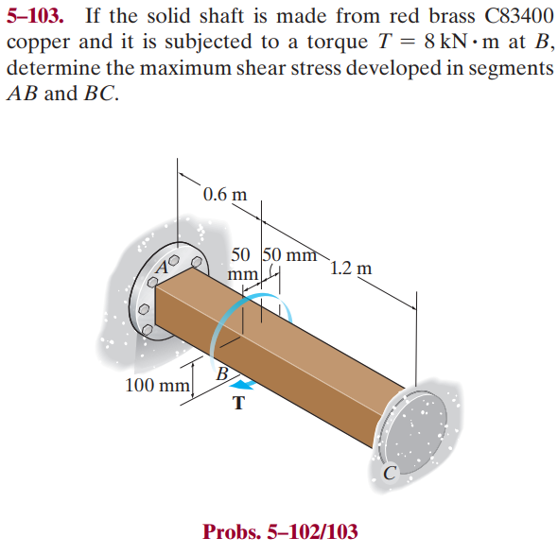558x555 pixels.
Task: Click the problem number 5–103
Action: click(38, 17)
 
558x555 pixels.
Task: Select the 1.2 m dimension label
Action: click(352, 268)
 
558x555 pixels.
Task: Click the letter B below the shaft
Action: click(222, 373)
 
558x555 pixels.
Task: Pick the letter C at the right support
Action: click(389, 473)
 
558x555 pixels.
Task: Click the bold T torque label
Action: click(237, 404)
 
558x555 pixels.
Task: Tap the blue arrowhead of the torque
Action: click(244, 384)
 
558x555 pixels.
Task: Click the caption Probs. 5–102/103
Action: click(280, 531)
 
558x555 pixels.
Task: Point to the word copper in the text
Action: click(35, 43)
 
